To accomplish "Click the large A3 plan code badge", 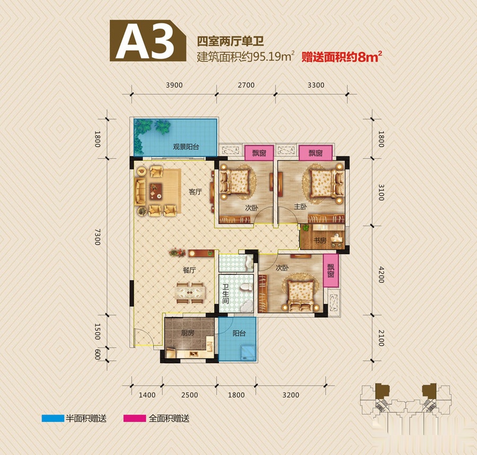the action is [x=148, y=41].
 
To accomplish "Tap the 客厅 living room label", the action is [x=195, y=192].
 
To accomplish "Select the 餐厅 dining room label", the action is [x=189, y=270].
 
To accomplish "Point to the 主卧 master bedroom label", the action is [x=301, y=207].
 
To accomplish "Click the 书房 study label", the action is [x=320, y=240].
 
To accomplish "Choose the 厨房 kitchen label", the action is [x=188, y=333].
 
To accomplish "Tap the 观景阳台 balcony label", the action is [x=186, y=147].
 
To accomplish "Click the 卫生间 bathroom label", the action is [x=225, y=294].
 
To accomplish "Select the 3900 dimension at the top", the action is [x=174, y=85].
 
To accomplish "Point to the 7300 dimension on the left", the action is [x=98, y=237].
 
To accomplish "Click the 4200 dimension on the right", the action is [x=381, y=275].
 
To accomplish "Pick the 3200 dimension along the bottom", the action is [x=291, y=395].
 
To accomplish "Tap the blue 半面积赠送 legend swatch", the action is [x=53, y=418].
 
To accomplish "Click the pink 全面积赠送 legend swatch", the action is [x=135, y=418].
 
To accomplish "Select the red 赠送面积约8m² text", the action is [x=342, y=57].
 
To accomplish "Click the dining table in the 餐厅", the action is [x=190, y=293].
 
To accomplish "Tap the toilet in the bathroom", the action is [x=246, y=287].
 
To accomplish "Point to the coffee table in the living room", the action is [x=155, y=191].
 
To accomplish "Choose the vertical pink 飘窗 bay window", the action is [x=331, y=271].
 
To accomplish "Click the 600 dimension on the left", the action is [x=98, y=354].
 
